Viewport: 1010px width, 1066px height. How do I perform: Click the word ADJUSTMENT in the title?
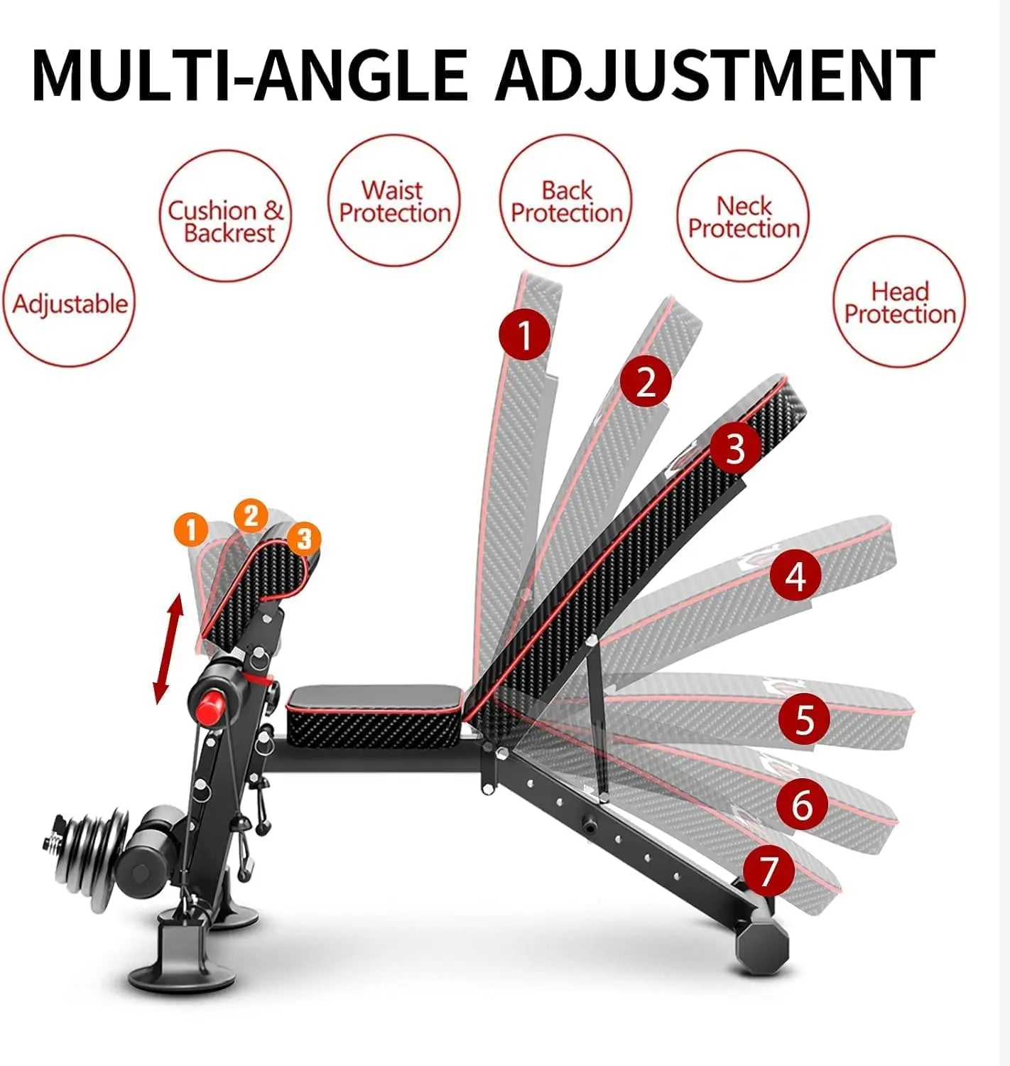(x=715, y=76)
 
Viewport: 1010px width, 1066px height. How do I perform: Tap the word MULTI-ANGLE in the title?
(x=250, y=76)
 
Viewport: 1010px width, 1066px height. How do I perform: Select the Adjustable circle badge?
(x=70, y=302)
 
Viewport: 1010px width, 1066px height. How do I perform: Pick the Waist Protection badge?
(x=394, y=201)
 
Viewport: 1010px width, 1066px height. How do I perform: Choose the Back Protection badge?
(x=566, y=201)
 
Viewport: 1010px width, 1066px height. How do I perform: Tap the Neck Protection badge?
(x=743, y=216)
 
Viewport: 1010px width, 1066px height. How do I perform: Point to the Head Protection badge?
(x=899, y=302)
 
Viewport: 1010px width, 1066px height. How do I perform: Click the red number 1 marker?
(x=524, y=335)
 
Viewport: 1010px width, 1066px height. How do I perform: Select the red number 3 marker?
(x=734, y=448)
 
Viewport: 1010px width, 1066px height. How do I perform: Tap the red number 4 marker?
(x=795, y=576)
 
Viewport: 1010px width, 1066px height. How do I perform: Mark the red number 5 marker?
(x=803, y=719)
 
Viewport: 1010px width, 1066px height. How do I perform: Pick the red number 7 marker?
(x=769, y=871)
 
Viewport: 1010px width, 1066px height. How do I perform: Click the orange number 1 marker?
(x=190, y=530)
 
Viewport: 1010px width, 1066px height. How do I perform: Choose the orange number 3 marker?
(x=303, y=539)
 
